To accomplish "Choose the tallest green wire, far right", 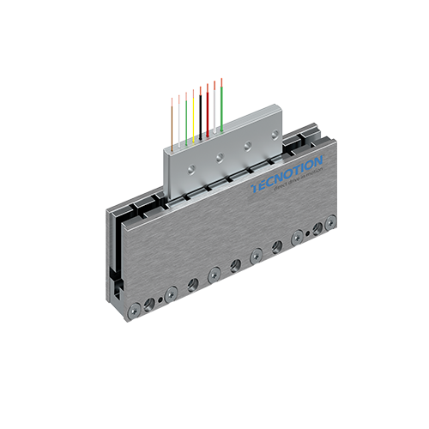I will [x=221, y=103].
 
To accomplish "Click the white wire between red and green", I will [x=214, y=107].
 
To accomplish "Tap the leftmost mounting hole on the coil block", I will [x=190, y=168].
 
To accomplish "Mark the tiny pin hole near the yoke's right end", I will [x=317, y=228].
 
